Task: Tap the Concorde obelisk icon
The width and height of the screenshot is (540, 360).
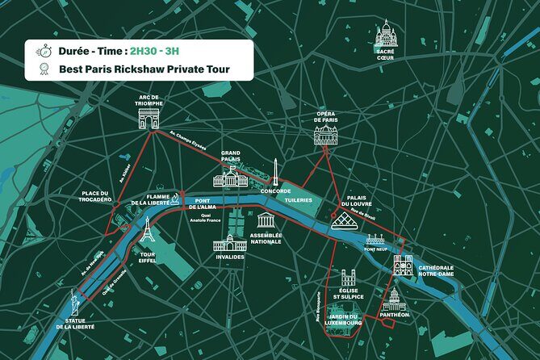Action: [275, 172]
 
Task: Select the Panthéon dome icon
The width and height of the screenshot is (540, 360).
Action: [394, 301]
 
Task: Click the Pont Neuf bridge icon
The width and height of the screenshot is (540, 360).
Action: [376, 240]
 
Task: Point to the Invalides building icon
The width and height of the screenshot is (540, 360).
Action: [229, 242]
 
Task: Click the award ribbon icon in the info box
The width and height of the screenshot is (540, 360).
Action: [40, 69]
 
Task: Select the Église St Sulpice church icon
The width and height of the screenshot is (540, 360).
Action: [348, 280]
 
